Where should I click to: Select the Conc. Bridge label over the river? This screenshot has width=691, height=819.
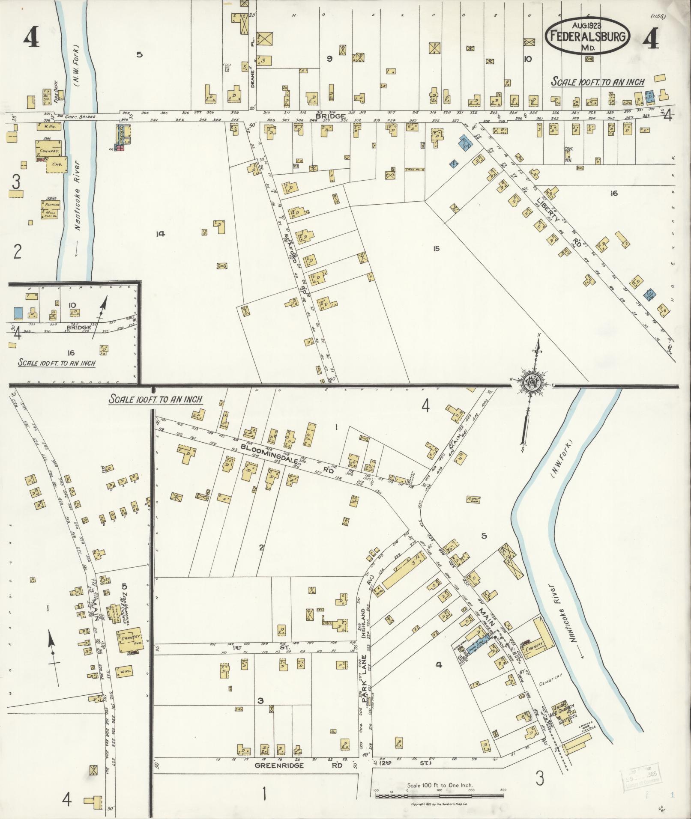click(81, 116)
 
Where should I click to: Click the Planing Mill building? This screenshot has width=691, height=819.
click(51, 210)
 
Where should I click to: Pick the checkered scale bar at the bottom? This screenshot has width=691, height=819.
click(439, 796)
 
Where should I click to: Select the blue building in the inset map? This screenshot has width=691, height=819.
click(18, 313)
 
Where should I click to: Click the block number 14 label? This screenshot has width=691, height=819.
click(161, 234)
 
